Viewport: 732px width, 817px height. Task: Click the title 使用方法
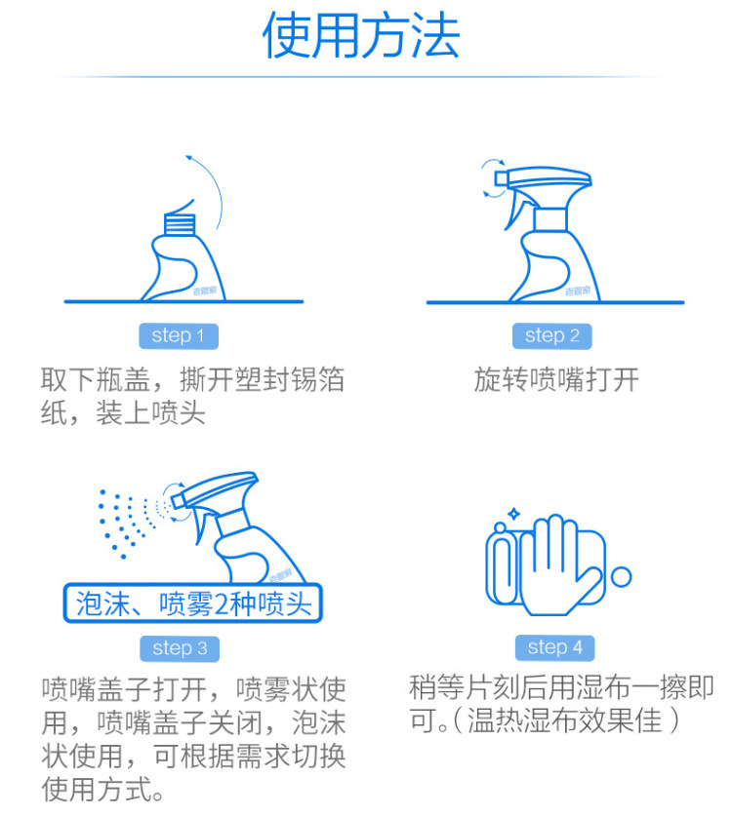(x=360, y=35)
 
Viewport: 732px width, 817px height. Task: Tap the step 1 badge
(x=179, y=336)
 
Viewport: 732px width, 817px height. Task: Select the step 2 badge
(x=552, y=336)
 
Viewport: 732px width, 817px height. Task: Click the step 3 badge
(x=180, y=648)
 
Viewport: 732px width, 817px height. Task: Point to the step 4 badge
(x=554, y=647)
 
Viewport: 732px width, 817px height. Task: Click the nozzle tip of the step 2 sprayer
(x=501, y=178)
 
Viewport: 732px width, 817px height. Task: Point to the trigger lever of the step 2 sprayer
(x=514, y=210)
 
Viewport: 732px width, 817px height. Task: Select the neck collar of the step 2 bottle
(x=549, y=219)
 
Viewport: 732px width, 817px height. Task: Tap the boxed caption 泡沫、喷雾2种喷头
(x=193, y=603)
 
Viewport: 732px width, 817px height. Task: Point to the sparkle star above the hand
(x=514, y=514)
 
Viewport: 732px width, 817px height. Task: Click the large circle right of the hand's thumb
(x=621, y=577)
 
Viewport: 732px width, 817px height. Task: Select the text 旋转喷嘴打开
(x=556, y=379)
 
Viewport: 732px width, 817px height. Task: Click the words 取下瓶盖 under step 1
(x=96, y=379)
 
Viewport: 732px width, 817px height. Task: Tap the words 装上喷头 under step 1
(x=150, y=413)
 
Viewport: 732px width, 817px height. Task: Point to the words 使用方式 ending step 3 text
(x=97, y=789)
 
